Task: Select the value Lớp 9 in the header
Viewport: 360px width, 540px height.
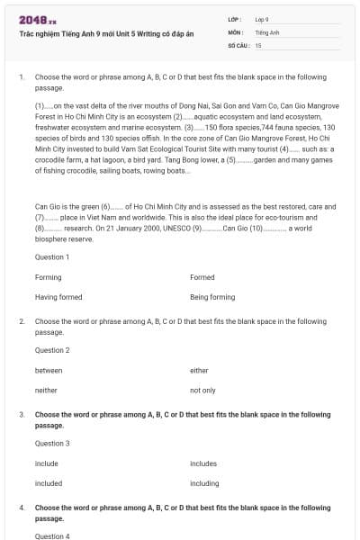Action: click(262, 19)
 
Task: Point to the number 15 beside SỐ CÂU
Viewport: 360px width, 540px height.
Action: click(258, 44)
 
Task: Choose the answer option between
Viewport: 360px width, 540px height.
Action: click(49, 370)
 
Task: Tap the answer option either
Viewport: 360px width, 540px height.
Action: click(199, 370)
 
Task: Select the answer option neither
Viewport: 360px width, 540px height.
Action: click(47, 391)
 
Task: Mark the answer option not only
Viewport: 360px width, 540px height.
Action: click(202, 391)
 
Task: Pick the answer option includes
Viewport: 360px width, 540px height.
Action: click(204, 463)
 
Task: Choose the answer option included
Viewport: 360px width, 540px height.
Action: click(49, 483)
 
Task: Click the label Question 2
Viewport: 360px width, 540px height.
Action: click(51, 350)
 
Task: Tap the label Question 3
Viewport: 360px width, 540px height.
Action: click(51, 443)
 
